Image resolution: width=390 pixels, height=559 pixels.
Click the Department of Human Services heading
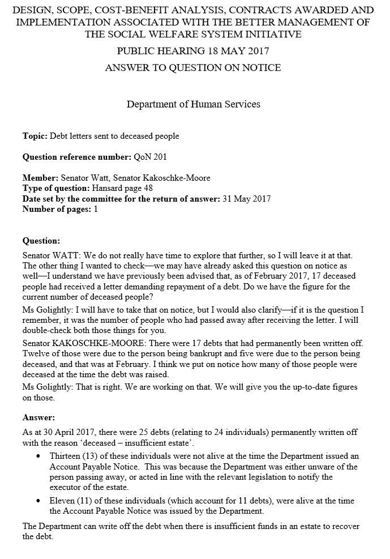pyautogui.click(x=194, y=104)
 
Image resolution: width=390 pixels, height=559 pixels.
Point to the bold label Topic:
pyautogui.click(x=35, y=136)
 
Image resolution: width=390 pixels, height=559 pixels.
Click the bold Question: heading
pyautogui.click(x=41, y=240)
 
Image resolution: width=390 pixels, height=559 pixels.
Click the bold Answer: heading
pyautogui.click(x=38, y=419)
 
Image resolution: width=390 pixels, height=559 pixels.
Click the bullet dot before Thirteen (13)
pyautogui.click(x=38, y=456)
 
